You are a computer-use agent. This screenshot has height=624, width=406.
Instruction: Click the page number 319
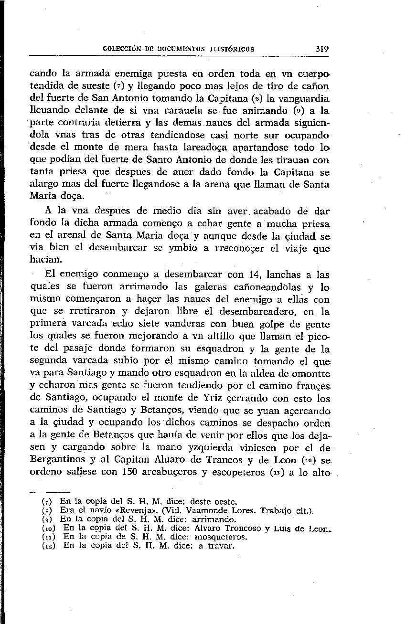point(320,49)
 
